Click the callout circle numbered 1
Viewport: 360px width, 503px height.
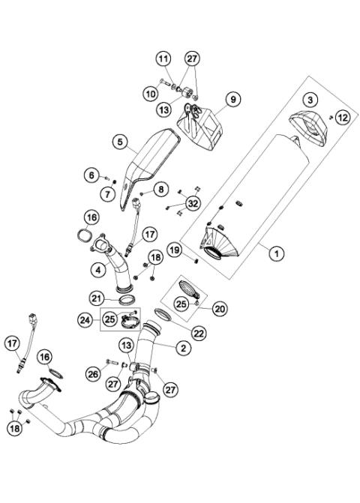click(x=276, y=254)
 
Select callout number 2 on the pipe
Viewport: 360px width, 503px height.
click(x=182, y=347)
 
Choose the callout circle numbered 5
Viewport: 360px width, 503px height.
click(x=120, y=141)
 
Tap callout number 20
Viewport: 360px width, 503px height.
click(x=220, y=307)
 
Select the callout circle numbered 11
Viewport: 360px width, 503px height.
click(x=163, y=58)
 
